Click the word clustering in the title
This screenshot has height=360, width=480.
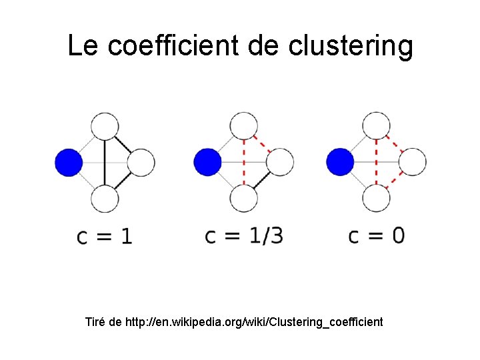351,46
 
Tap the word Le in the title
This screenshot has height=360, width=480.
83,46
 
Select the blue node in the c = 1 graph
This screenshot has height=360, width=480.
69,163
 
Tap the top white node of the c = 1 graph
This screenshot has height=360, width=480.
105,127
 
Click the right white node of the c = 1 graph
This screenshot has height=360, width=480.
141,163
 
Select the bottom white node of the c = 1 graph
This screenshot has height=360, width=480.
105,198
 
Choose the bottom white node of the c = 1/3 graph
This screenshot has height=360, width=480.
243,198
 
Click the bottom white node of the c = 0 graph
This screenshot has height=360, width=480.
376,198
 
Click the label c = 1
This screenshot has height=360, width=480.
105,236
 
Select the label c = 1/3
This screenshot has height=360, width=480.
243,236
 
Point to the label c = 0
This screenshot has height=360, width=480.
376,236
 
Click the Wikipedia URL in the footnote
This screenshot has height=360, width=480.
254,323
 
